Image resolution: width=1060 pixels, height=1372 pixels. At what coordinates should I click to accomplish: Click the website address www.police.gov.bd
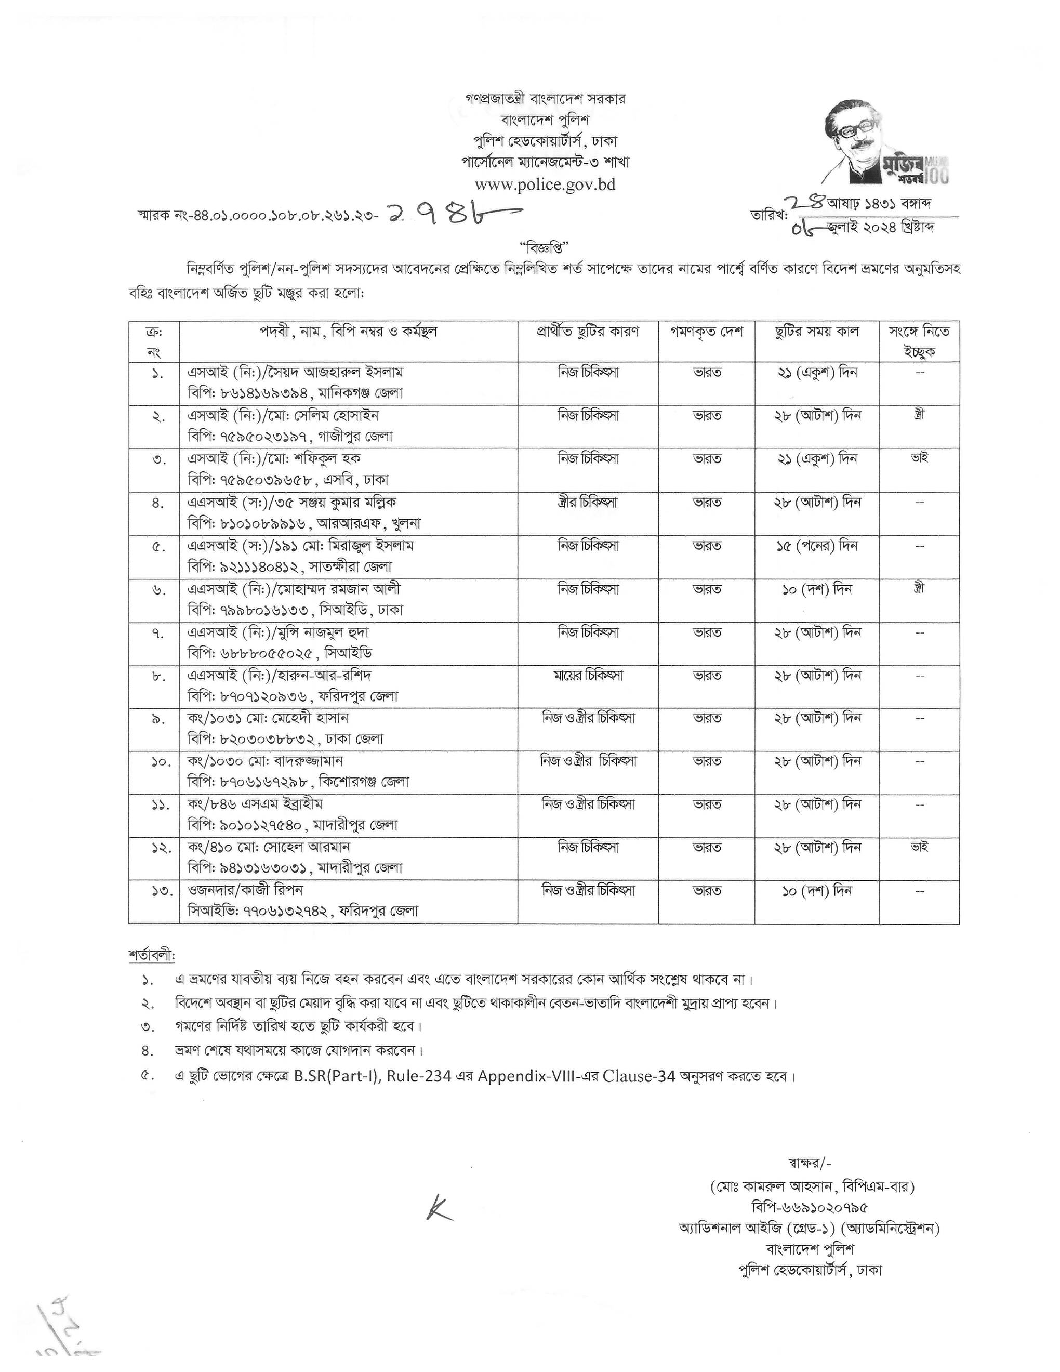click(545, 184)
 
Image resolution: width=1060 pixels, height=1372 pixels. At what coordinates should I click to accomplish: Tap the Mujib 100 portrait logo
click(885, 145)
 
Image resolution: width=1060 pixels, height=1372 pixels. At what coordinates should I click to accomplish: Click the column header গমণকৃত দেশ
click(707, 332)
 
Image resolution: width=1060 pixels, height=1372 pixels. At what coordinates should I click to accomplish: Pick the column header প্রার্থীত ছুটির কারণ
click(588, 332)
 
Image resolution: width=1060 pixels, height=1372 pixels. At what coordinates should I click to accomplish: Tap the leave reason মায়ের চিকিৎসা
click(588, 675)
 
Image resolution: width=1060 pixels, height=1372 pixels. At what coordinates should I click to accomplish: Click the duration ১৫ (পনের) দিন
click(816, 546)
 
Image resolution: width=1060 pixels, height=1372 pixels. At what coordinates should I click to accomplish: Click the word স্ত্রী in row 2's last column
click(919, 415)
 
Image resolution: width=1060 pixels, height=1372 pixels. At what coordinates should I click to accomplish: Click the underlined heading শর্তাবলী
click(151, 956)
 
